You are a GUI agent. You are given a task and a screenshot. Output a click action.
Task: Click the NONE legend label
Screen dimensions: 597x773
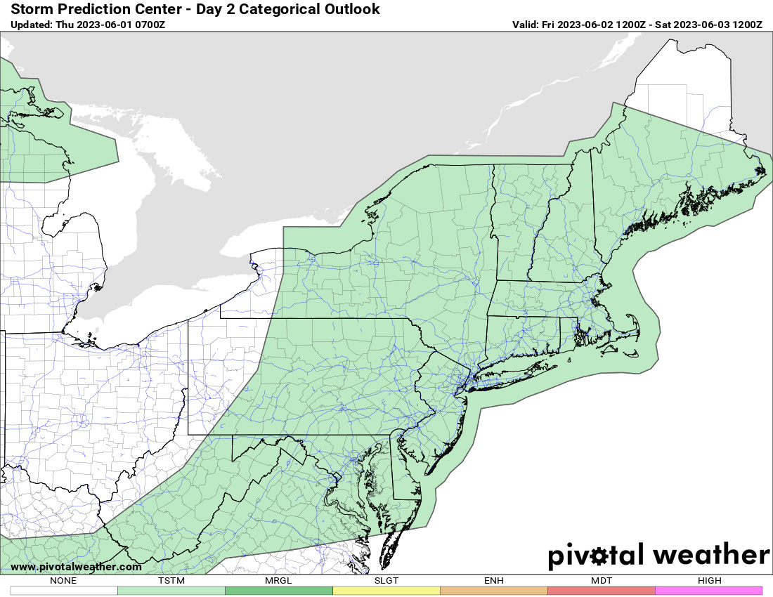pyautogui.click(x=63, y=581)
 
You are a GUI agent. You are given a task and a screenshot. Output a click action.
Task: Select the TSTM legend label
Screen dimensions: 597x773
pyautogui.click(x=171, y=581)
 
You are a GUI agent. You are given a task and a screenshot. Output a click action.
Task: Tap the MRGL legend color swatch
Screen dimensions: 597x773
pyautogui.click(x=278, y=591)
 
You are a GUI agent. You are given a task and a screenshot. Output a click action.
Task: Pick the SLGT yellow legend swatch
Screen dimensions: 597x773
pyautogui.click(x=386, y=591)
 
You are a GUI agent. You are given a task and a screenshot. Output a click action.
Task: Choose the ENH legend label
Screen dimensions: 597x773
pyautogui.click(x=493, y=581)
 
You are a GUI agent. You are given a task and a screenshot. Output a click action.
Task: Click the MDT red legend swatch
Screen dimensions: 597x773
pyautogui.click(x=601, y=591)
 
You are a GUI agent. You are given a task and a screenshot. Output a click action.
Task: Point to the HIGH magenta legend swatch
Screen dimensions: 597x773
pyautogui.click(x=708, y=591)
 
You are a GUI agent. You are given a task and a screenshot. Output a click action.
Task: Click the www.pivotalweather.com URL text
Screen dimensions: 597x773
pyautogui.click(x=76, y=567)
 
